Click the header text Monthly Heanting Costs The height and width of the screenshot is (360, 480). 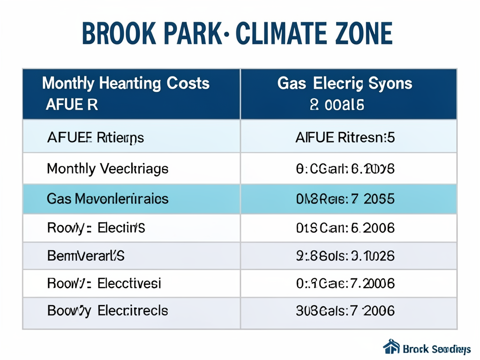click(x=126, y=84)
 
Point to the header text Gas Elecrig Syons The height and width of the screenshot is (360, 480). click(x=345, y=84)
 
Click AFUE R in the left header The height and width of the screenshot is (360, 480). click(x=72, y=105)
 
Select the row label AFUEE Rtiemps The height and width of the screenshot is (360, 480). click(x=96, y=138)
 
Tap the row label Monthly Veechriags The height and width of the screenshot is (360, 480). click(x=107, y=169)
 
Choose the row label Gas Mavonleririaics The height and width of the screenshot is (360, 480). click(x=107, y=199)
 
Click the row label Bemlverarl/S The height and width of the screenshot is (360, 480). click(x=86, y=256)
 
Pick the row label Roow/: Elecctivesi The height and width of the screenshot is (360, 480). click(x=104, y=283)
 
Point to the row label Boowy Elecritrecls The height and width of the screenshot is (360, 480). click(x=107, y=310)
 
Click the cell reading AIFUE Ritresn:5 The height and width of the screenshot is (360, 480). click(x=345, y=138)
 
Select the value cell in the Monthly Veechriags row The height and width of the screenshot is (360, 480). click(x=345, y=169)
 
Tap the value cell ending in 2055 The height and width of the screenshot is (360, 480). click(x=345, y=199)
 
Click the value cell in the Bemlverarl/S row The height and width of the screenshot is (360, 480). click(x=345, y=256)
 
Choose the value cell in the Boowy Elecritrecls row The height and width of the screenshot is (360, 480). click(x=345, y=310)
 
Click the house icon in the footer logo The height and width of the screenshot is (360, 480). click(x=391, y=347)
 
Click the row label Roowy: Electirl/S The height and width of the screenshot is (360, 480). click(x=96, y=228)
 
